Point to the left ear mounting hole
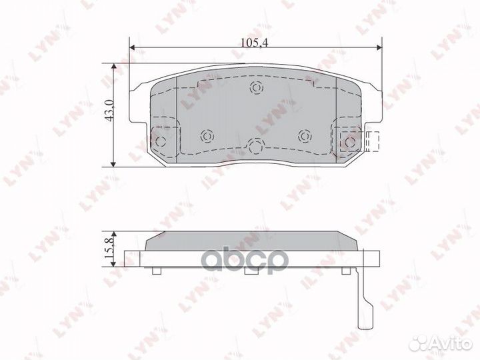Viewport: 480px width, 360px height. [161, 141]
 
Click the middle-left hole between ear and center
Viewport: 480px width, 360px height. [206, 136]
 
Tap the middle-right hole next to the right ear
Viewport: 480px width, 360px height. [305, 136]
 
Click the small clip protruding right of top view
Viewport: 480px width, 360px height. [372, 141]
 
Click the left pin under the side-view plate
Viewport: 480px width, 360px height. [155, 271]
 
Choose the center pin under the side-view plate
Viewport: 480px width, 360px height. [251, 271]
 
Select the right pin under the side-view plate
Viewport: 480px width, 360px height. [346, 271]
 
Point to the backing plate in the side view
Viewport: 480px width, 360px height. [260, 259]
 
